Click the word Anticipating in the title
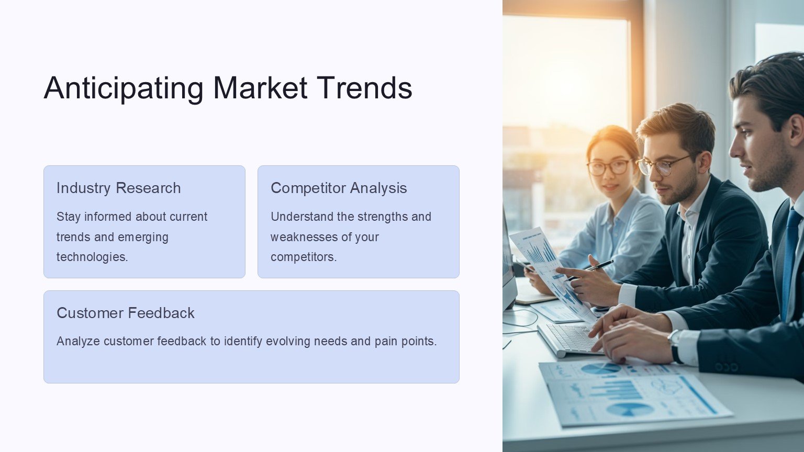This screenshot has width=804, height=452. click(124, 88)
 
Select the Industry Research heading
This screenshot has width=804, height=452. click(118, 188)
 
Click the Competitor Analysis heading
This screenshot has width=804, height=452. click(339, 188)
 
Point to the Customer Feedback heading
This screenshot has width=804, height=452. click(126, 313)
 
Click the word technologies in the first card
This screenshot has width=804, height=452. click(92, 257)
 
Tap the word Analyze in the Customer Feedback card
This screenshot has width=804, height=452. click(78, 341)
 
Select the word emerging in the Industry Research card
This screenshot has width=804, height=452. click(143, 237)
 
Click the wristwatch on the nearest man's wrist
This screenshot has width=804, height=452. click(675, 346)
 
